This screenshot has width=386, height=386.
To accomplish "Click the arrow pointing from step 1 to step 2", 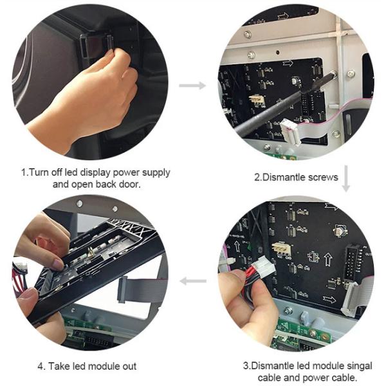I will pyautogui.click(x=192, y=85).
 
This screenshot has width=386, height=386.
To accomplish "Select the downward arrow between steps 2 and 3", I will pyautogui.click(x=345, y=178).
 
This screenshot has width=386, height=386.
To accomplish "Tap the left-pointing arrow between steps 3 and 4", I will pyautogui.click(x=192, y=281).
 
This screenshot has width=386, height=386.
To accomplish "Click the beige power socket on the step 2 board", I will pyautogui.click(x=257, y=100).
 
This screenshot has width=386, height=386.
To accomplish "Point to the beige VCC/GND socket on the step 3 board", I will pyautogui.click(x=280, y=248).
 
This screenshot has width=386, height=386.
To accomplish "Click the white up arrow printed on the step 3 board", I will pyautogui.click(x=326, y=261).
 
